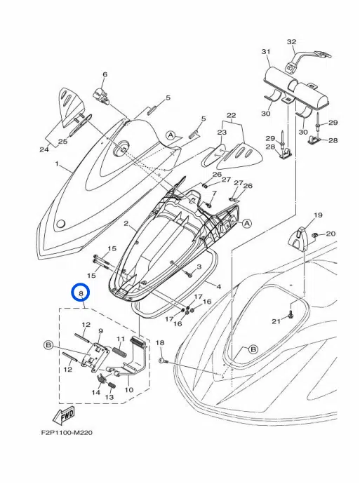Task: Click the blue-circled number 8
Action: [81, 292]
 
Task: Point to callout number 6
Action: [105, 74]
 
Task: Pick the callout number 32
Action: [291, 42]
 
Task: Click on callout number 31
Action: [266, 53]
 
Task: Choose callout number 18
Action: [159, 342]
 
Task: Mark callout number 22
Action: [232, 114]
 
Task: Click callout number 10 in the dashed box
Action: [129, 390]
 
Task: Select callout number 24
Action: [44, 149]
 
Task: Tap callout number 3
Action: [199, 267]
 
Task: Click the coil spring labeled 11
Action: [120, 355]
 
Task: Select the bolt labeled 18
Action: [164, 360]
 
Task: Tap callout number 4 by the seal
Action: [218, 286]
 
